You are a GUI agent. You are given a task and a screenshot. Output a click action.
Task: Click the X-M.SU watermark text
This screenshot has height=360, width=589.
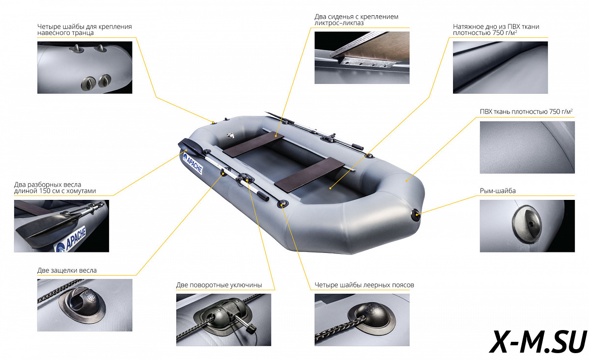click(538, 341)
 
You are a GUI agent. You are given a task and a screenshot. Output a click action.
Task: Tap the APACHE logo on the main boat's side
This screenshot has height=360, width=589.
click(193, 164)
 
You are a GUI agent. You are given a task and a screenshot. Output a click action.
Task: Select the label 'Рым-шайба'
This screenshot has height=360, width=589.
click(498, 191)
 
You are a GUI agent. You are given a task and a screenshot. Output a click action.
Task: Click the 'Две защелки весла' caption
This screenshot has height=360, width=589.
click(67, 270)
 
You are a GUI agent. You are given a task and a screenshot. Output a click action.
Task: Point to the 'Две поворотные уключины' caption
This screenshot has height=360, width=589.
click(219, 285)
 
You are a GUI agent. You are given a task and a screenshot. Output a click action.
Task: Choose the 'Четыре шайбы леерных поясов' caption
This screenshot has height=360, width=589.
click(364, 285)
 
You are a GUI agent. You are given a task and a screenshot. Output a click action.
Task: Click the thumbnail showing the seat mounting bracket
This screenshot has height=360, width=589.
click(362, 57)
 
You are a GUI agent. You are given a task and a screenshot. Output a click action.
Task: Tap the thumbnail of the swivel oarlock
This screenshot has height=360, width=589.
click(223, 320)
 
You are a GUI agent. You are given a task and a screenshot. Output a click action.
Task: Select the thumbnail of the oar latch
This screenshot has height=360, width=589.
click(84, 305)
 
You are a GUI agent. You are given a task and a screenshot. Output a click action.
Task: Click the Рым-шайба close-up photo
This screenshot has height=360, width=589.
click(527, 226)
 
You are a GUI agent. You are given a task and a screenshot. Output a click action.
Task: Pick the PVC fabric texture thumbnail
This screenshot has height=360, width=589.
click(527, 147)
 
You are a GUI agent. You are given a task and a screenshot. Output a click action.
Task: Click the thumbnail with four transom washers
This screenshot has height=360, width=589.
click(84, 67)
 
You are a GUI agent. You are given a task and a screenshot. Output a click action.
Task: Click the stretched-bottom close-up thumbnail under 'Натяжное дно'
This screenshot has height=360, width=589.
click(500, 67)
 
